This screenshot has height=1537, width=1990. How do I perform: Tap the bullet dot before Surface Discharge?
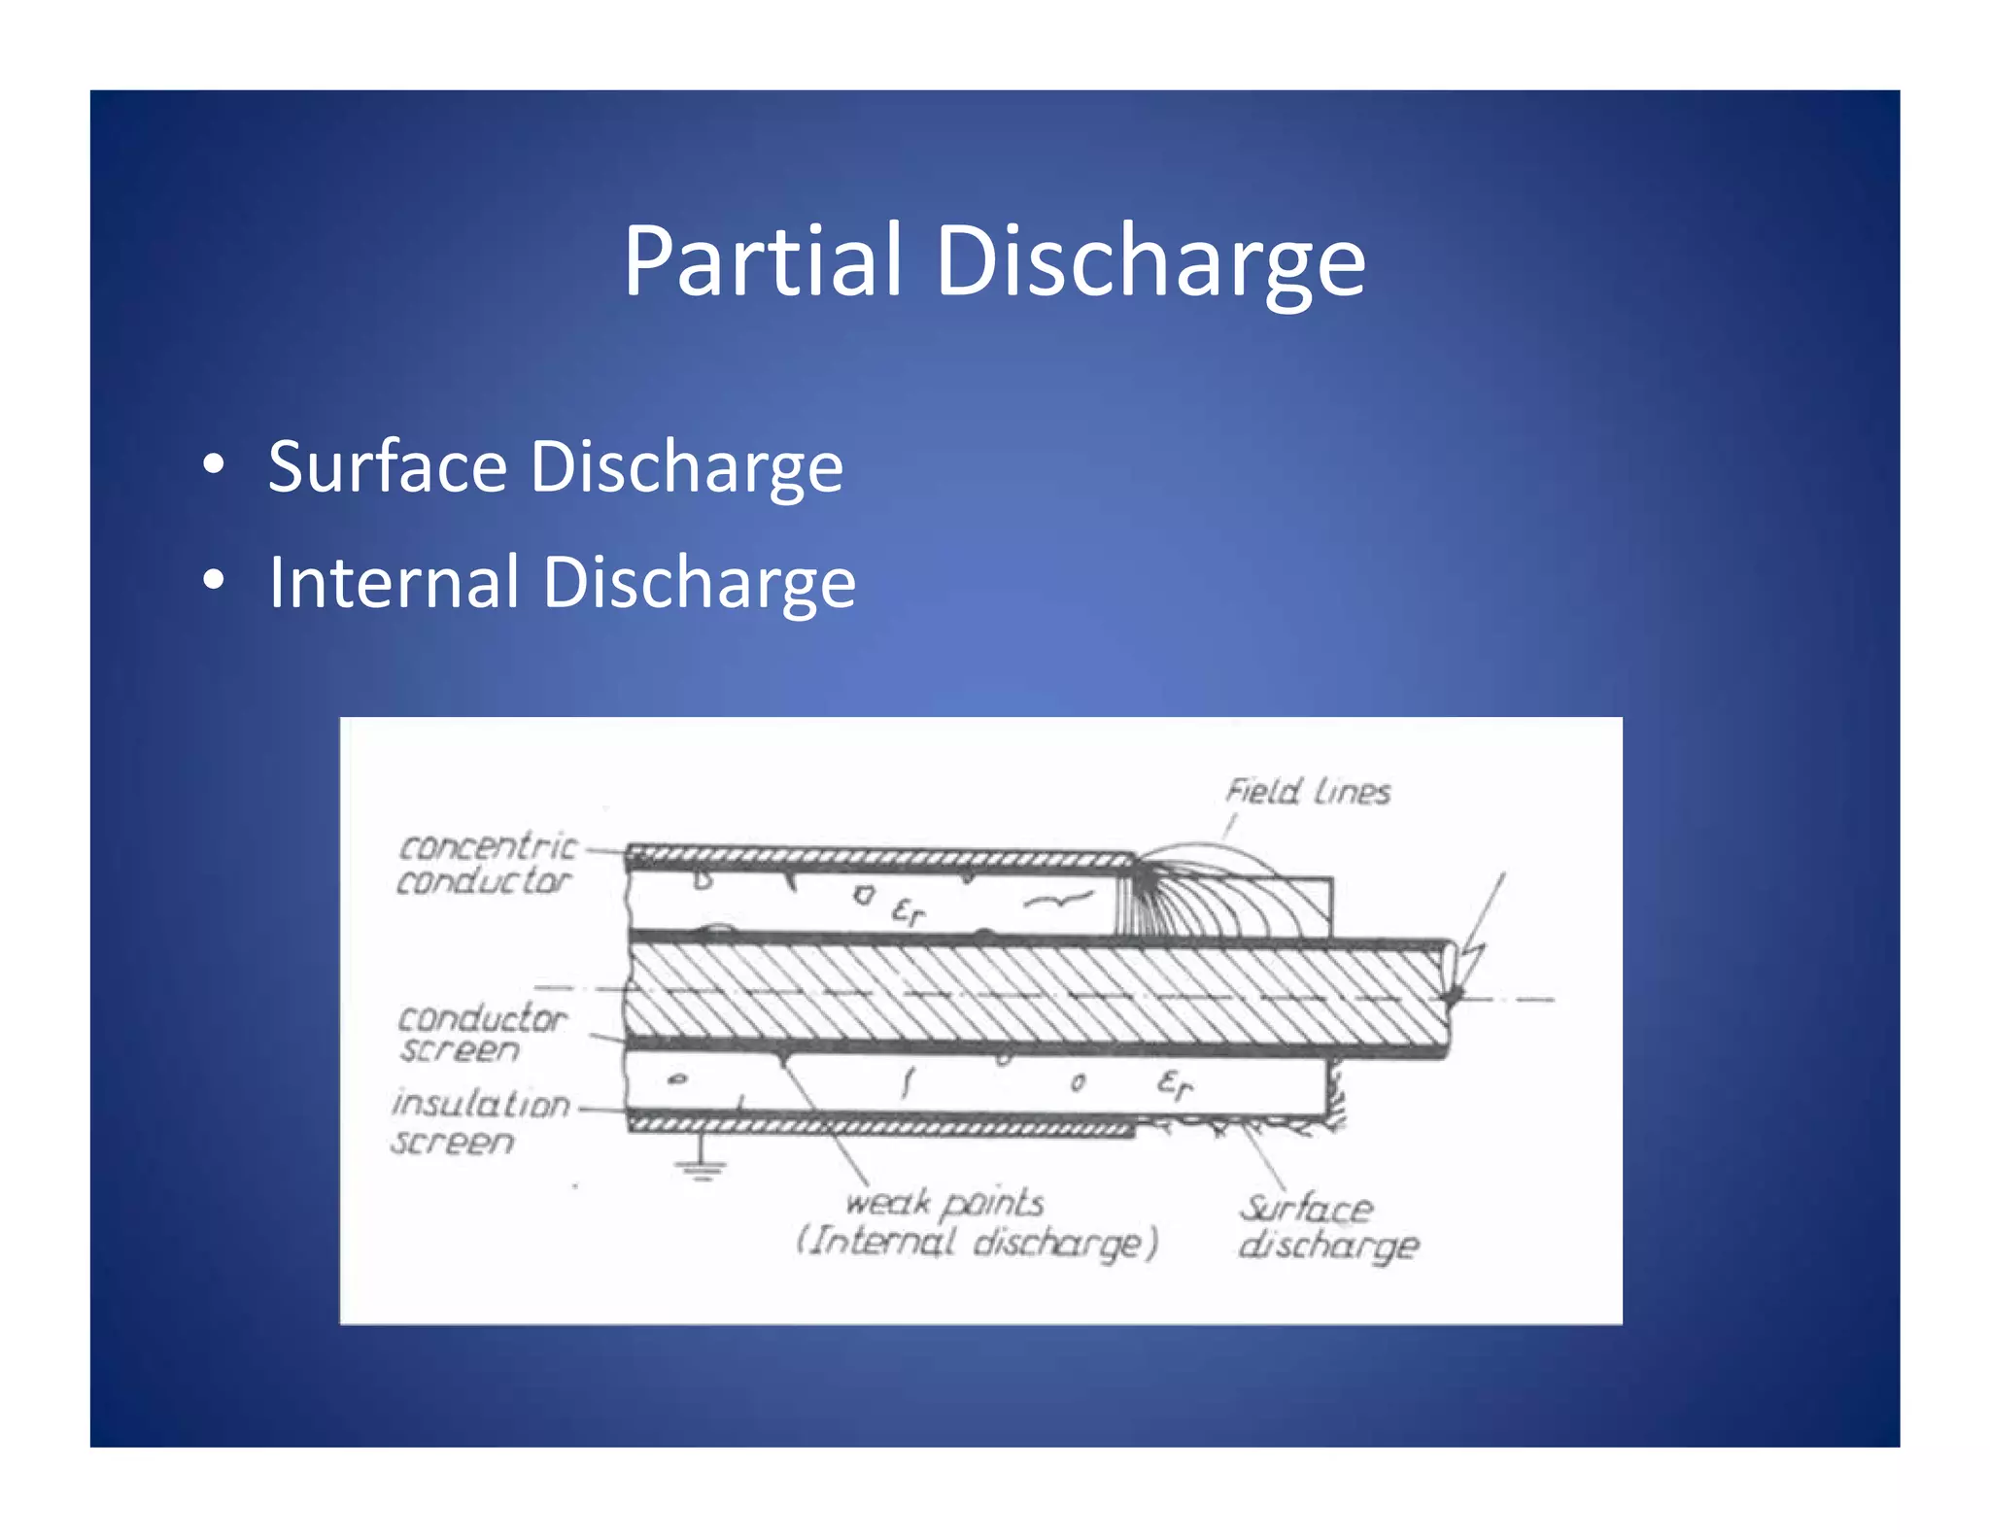[x=214, y=464]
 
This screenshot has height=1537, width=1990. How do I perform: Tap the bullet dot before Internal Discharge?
[x=214, y=580]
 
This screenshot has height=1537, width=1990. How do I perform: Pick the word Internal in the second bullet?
[x=394, y=582]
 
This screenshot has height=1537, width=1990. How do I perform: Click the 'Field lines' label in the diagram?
[x=1307, y=792]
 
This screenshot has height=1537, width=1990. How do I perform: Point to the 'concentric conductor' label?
[x=486, y=864]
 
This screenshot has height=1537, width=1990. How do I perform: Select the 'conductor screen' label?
[x=480, y=1034]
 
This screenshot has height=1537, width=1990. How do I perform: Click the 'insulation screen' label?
[x=478, y=1122]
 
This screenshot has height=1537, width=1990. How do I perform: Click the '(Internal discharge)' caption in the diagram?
[x=977, y=1243]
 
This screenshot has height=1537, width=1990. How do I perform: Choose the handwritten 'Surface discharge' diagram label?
[x=1326, y=1226]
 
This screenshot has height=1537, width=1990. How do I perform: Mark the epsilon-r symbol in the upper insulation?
[x=908, y=910]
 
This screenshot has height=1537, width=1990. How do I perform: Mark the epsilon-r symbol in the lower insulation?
[x=1174, y=1083]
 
